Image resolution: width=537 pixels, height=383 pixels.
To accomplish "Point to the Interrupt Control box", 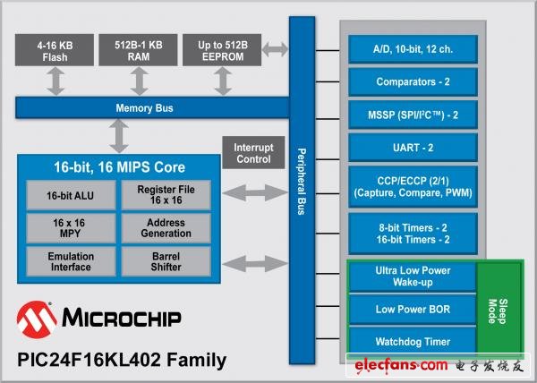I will (253, 153).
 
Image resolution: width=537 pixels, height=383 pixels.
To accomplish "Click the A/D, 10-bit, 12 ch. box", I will (413, 48).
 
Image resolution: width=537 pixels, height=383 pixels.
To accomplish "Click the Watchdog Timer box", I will (413, 341).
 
